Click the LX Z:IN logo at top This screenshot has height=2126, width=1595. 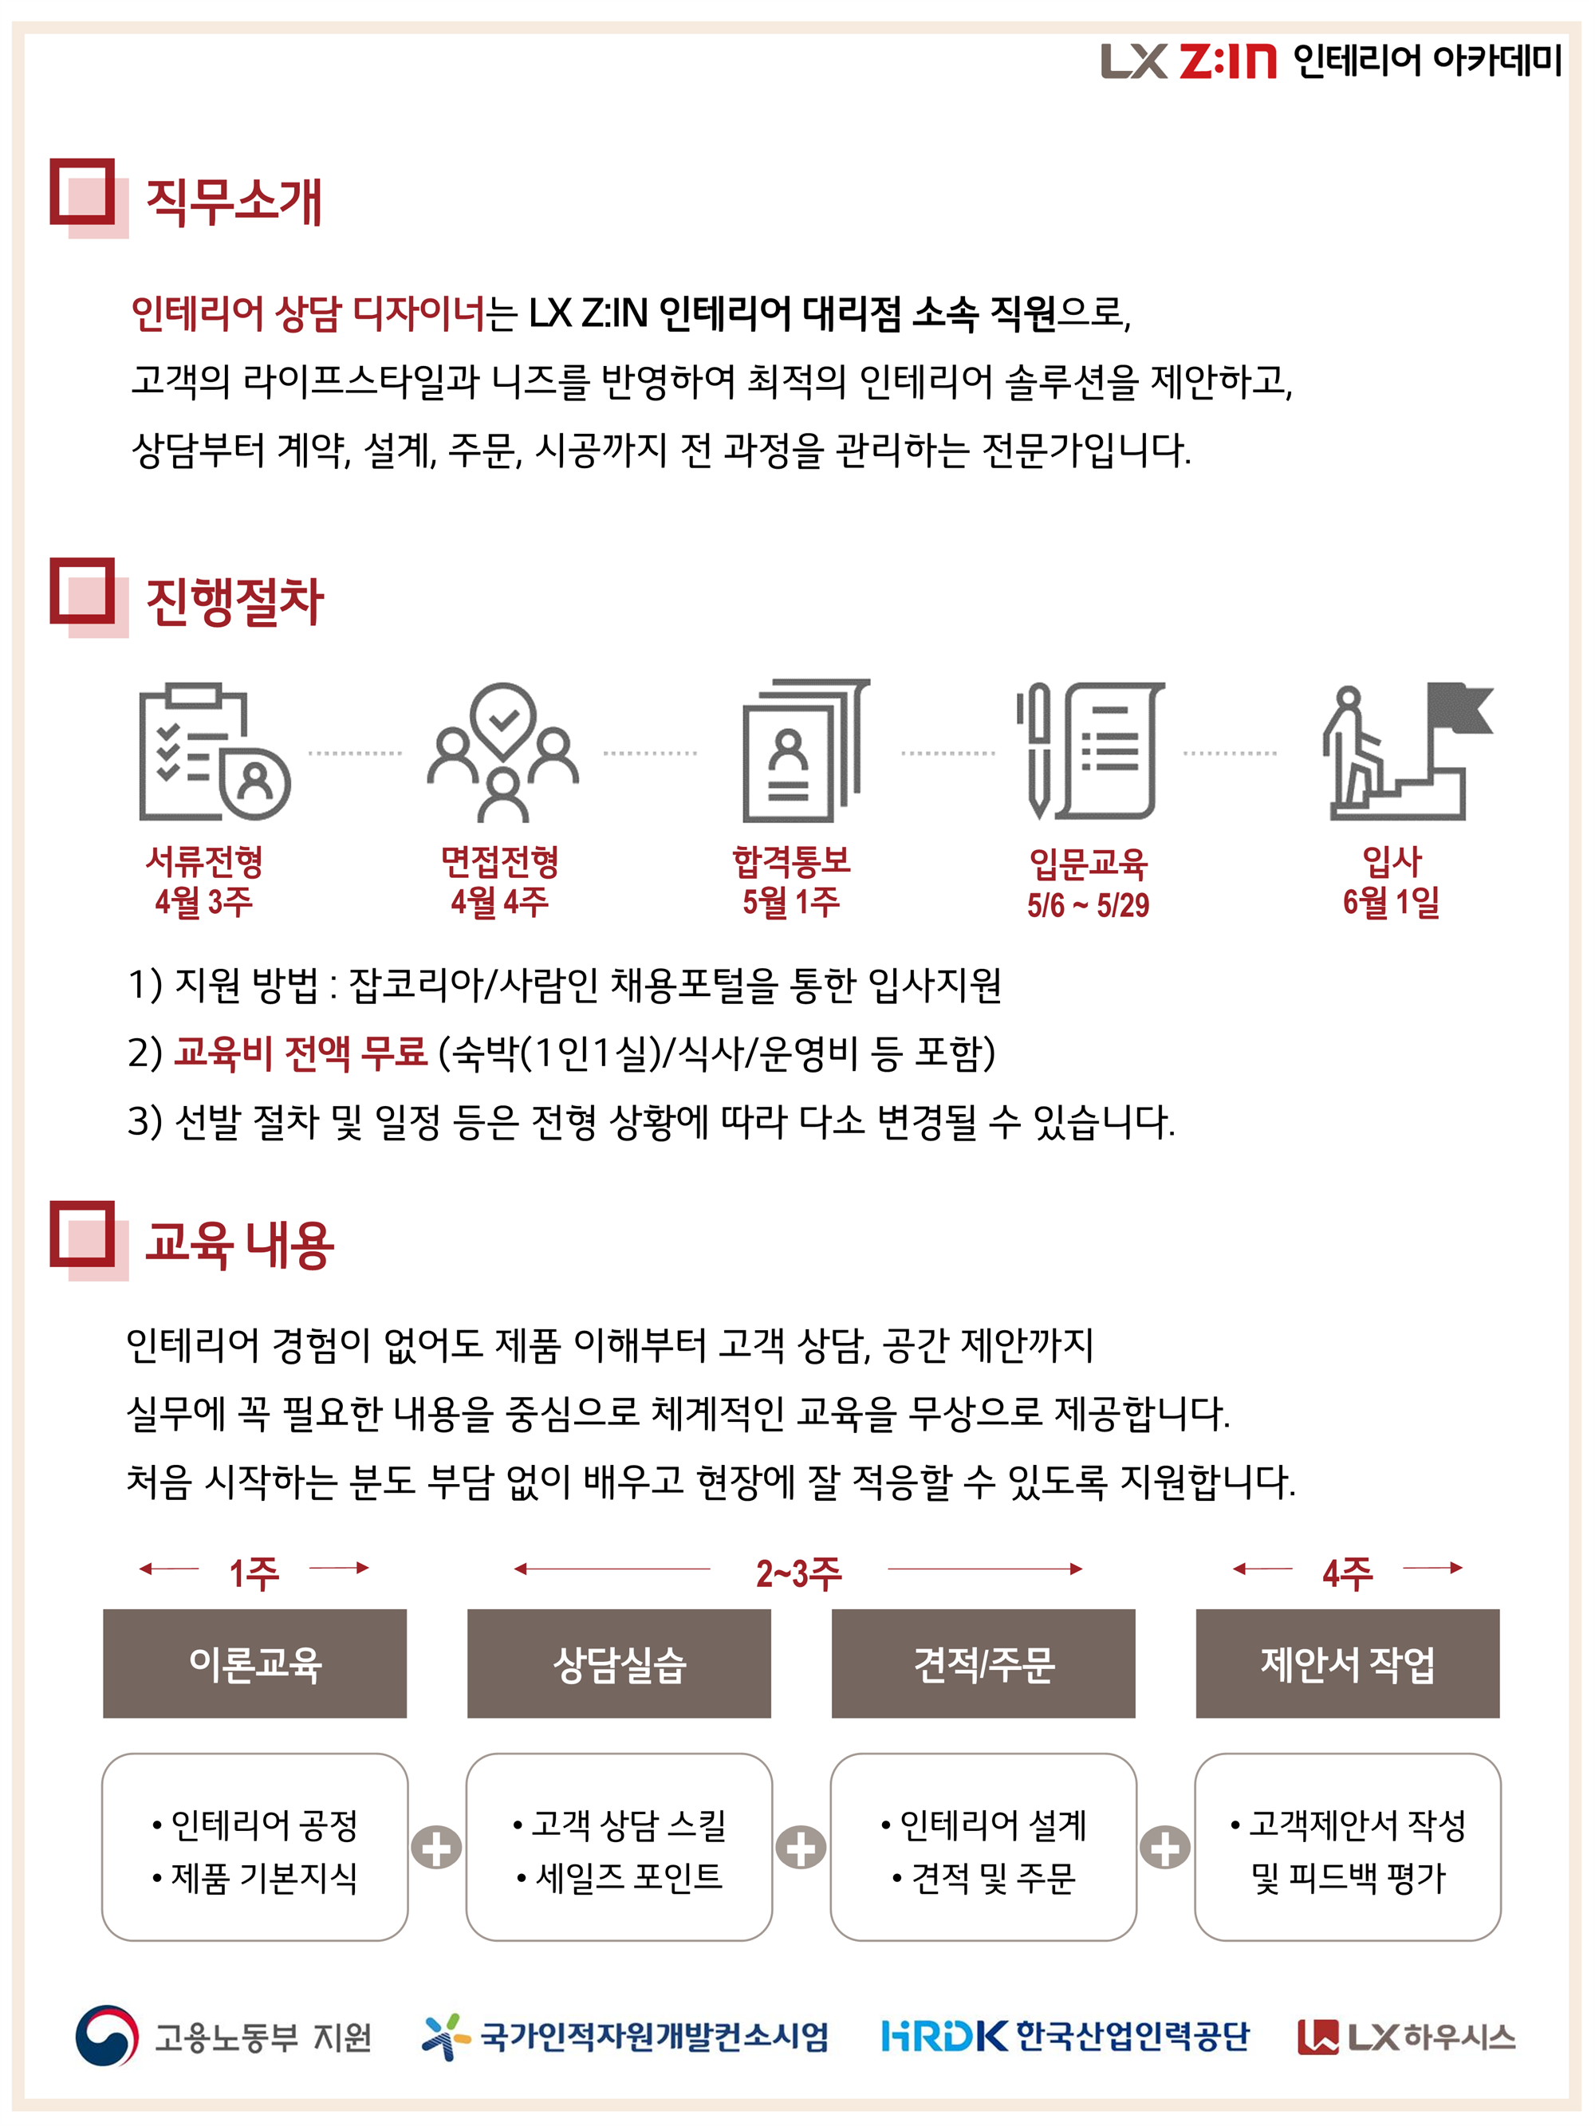(x=1188, y=61)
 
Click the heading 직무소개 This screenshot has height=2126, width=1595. (x=234, y=202)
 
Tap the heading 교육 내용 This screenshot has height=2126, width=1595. (x=239, y=1245)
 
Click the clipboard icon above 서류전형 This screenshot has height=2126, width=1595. (x=214, y=752)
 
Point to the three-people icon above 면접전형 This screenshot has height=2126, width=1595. (x=503, y=752)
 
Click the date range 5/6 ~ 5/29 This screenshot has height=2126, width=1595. (x=1087, y=905)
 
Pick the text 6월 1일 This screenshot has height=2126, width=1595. (x=1391, y=902)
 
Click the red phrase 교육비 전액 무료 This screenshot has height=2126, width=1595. (x=300, y=1053)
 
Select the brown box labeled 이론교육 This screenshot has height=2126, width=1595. (x=254, y=1663)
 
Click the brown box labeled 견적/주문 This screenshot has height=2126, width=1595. (x=983, y=1663)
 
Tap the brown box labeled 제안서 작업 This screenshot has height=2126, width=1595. (x=1347, y=1663)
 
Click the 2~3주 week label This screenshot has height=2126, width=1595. (x=798, y=1573)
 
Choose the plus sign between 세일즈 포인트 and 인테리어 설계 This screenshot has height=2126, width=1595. (x=801, y=1847)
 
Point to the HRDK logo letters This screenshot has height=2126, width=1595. (x=944, y=2036)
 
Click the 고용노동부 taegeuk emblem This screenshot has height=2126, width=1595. (x=107, y=2036)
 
